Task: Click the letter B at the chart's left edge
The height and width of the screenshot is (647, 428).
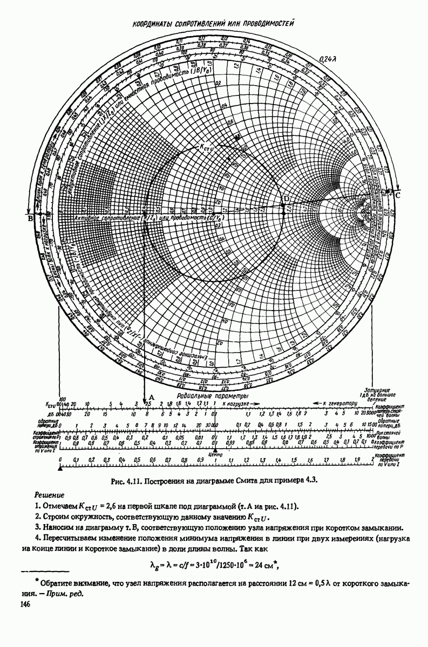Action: (30, 218)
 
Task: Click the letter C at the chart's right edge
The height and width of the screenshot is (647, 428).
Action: (398, 195)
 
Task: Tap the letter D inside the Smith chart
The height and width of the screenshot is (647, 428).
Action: (286, 200)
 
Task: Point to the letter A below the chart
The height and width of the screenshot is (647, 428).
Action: (151, 396)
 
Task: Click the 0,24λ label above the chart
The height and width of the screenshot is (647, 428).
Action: (329, 59)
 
